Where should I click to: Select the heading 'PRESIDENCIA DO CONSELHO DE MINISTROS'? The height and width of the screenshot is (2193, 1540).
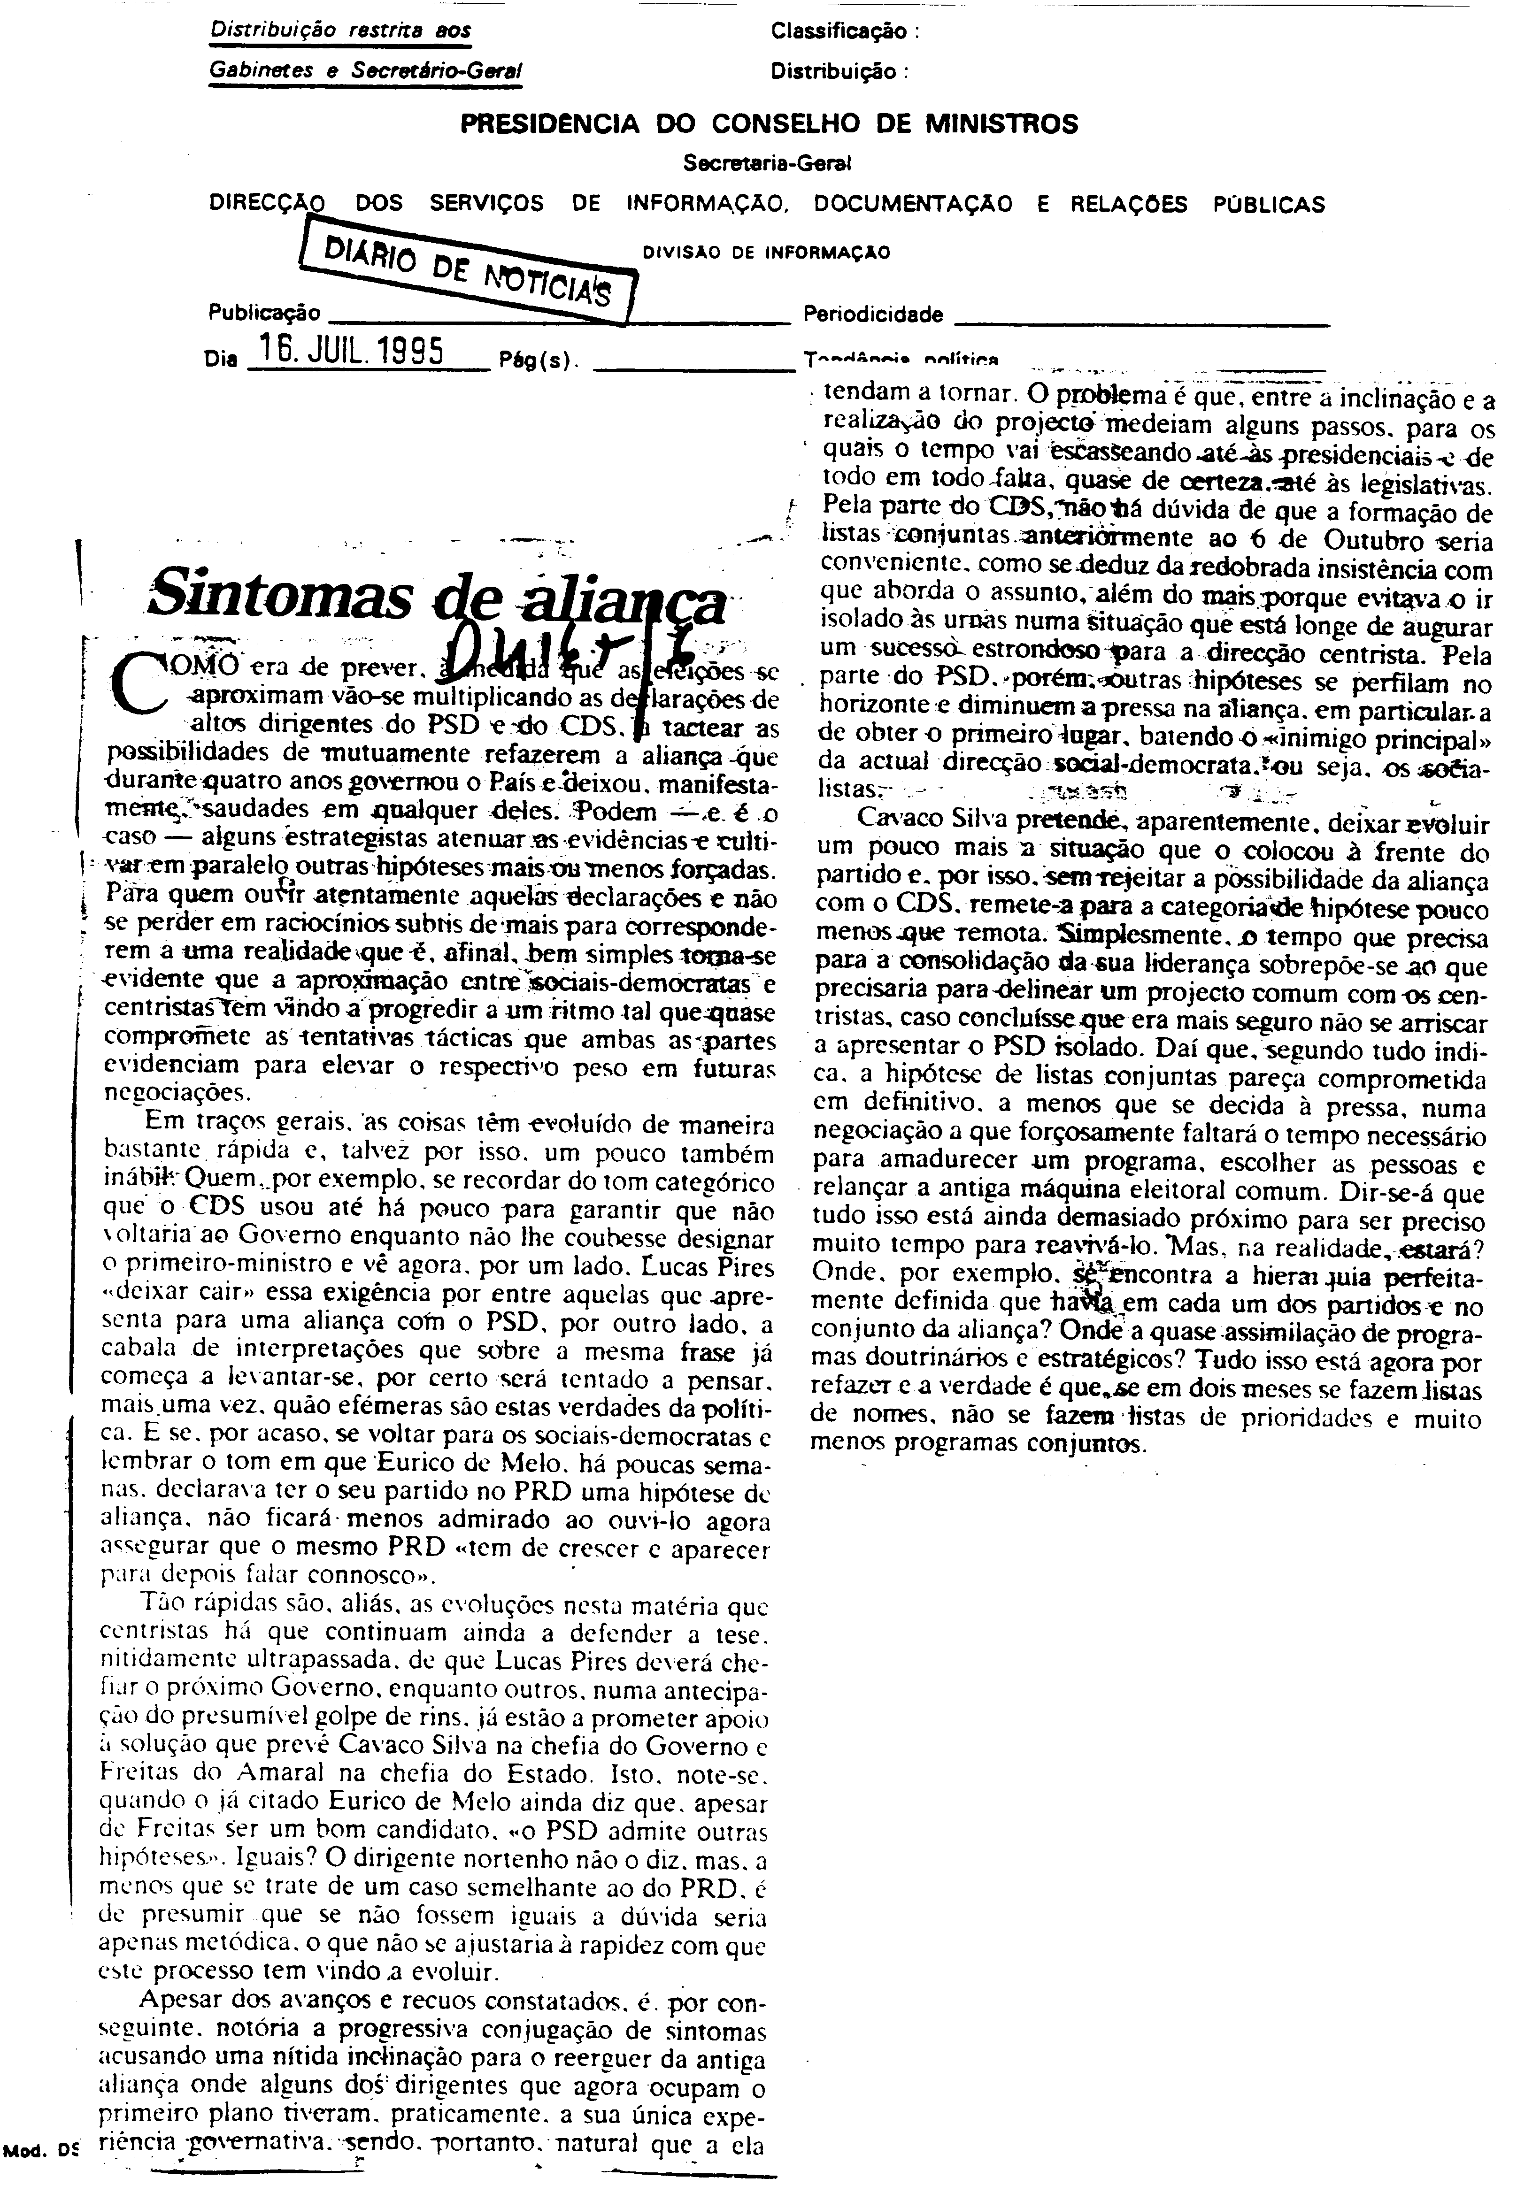click(769, 123)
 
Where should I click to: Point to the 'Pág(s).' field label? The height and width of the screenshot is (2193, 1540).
click(535, 361)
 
